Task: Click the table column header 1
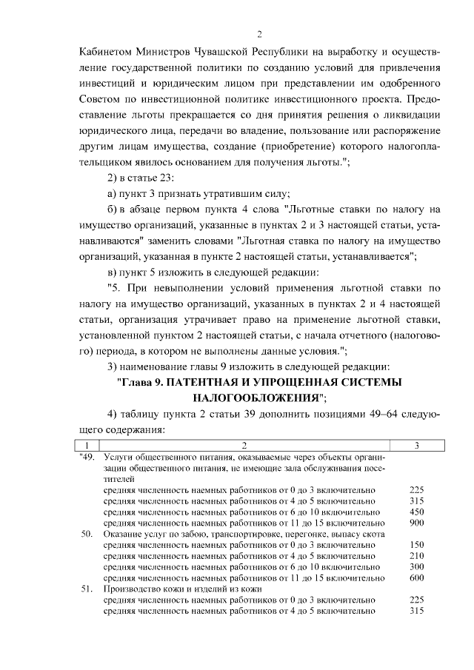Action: pos(87,445)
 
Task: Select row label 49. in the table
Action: pos(87,458)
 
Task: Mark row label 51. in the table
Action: pos(87,589)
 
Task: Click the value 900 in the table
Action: pos(416,523)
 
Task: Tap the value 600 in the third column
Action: pos(416,577)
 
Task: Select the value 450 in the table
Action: pos(416,512)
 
